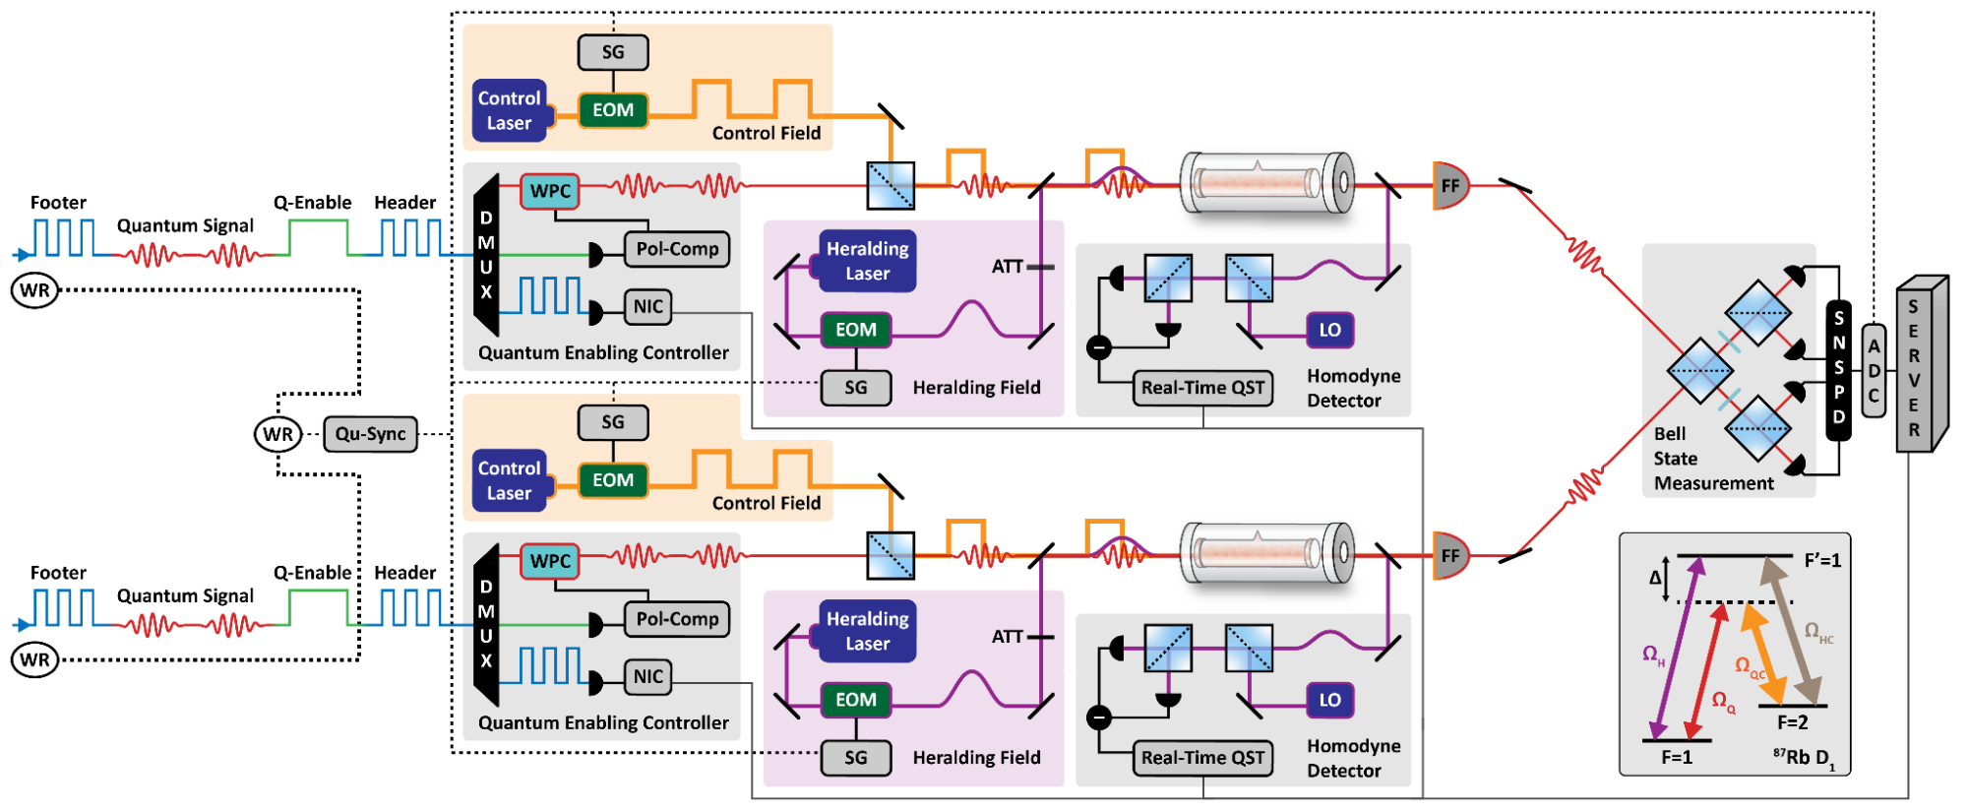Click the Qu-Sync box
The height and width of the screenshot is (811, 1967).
(x=370, y=434)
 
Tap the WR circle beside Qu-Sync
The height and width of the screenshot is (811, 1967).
(x=277, y=434)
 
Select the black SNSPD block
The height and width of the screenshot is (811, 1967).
(x=1838, y=368)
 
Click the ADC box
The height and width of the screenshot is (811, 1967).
(x=1874, y=371)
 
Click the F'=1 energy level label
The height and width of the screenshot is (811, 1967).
(x=1822, y=560)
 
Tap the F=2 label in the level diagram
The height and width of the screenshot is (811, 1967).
(x=1792, y=722)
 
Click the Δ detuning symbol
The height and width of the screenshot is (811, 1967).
(x=1655, y=578)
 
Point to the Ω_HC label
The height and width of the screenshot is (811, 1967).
(x=1818, y=632)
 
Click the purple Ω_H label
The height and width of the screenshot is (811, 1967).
(x=1653, y=655)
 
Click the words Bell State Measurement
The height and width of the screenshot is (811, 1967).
(x=1712, y=459)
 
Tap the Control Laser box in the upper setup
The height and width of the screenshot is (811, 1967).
(x=509, y=110)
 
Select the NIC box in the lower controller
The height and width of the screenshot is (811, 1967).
(x=647, y=676)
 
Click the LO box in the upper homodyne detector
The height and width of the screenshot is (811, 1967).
(x=1329, y=331)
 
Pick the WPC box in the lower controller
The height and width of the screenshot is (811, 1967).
(x=550, y=561)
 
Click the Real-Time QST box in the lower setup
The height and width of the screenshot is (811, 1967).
(x=1202, y=758)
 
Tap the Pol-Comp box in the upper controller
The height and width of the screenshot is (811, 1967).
(x=677, y=249)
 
